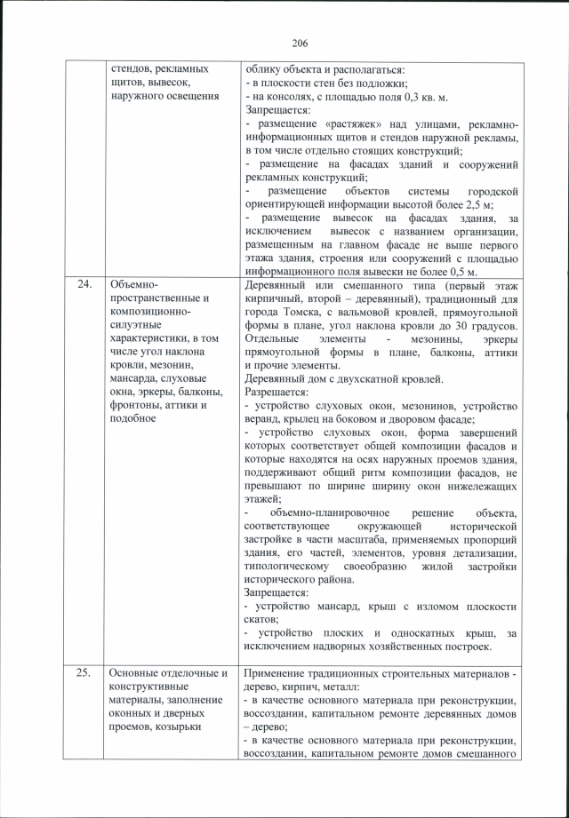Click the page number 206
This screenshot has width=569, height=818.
pos(298,43)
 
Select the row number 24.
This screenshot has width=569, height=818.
pos(84,285)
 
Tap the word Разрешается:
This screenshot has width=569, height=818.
pos(276,391)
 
